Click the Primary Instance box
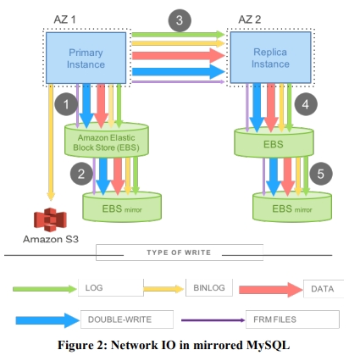[86, 58]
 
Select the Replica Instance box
[270, 58]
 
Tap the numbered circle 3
[180, 20]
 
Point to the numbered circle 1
[66, 104]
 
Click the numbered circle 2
[81, 174]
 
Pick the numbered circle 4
[306, 104]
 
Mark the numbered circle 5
[321, 174]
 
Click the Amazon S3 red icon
[50, 219]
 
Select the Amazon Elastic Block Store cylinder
[107, 140]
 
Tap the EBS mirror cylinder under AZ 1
[122, 207]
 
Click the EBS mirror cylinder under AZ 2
[292, 207]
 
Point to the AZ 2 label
[250, 19]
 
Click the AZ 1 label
[64, 19]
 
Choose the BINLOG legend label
[209, 288]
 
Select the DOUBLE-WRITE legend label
[119, 319]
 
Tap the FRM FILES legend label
[274, 319]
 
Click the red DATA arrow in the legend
[270, 290]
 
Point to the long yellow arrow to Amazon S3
[51, 142]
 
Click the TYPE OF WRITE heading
[179, 253]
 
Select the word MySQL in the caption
[268, 346]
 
